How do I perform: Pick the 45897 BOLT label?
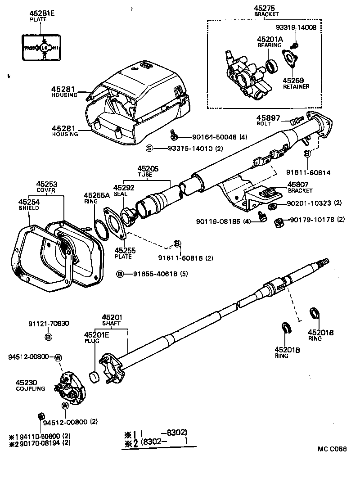coord(269,120)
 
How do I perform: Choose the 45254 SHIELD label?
coord(29,205)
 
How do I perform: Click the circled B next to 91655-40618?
coord(120,274)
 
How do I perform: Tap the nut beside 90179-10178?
coord(279,221)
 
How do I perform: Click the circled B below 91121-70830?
coord(48,336)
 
